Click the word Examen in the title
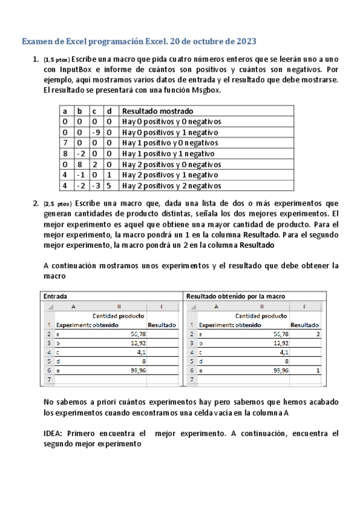click(38, 41)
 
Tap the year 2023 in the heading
click(245, 41)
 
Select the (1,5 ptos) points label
click(56, 60)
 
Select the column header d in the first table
click(109, 111)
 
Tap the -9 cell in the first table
click(95, 132)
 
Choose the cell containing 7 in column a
click(65, 143)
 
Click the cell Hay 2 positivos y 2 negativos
click(172, 186)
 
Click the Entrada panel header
click(55, 296)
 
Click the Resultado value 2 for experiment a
click(317, 333)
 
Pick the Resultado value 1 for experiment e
click(317, 371)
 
